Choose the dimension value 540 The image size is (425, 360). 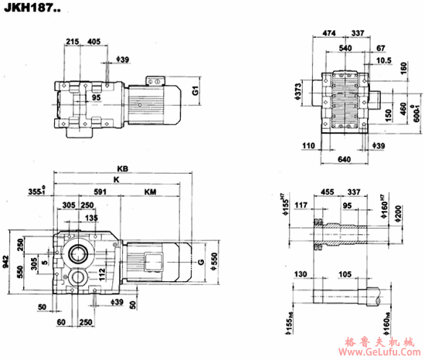(345, 47)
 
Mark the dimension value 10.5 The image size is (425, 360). (385, 59)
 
